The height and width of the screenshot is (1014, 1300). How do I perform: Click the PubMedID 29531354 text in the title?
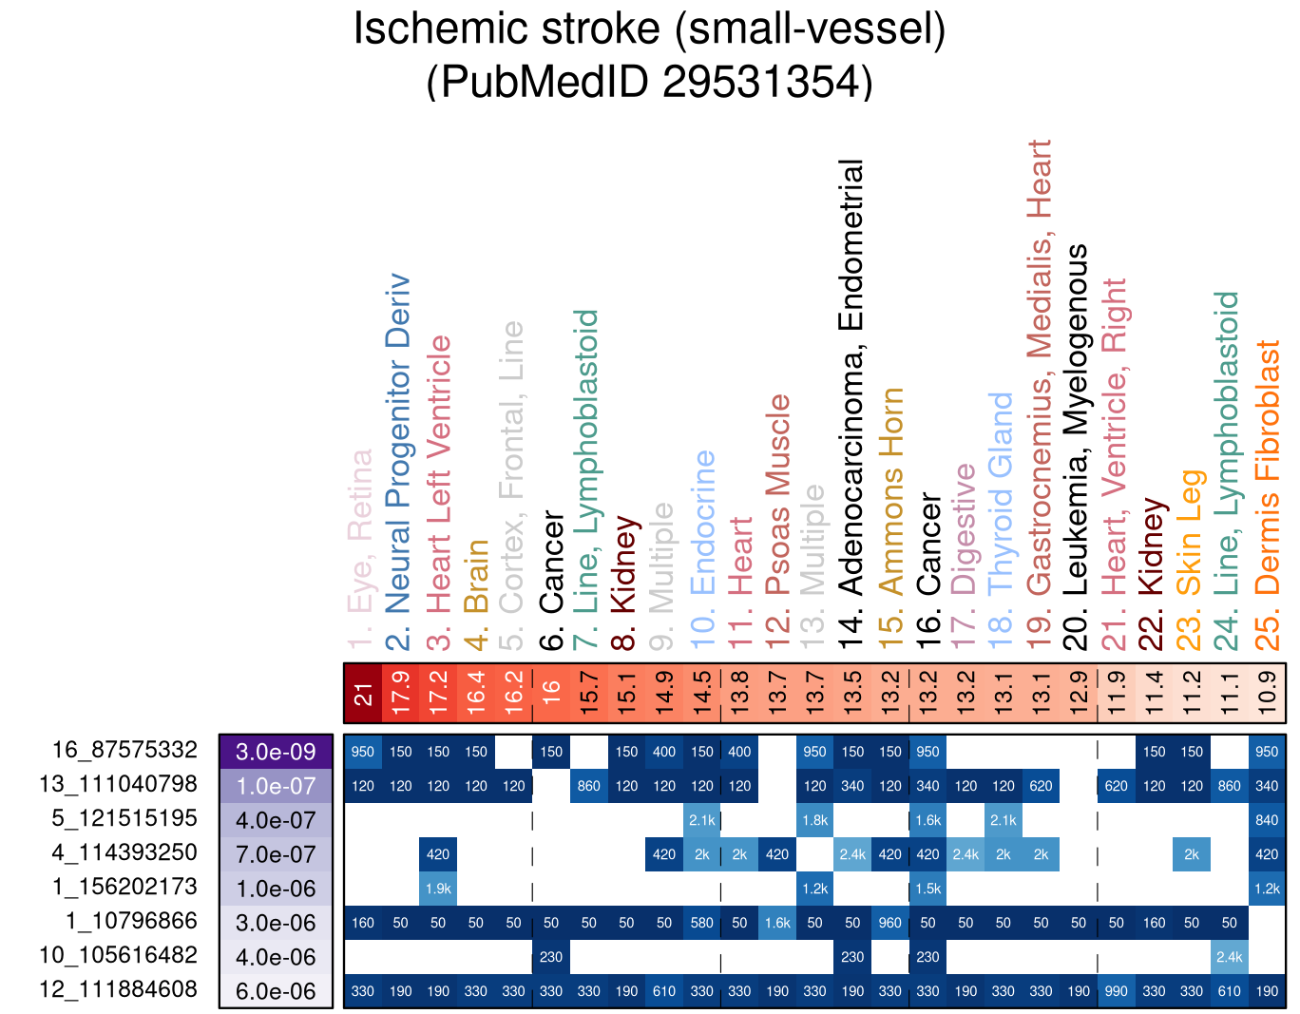click(x=649, y=82)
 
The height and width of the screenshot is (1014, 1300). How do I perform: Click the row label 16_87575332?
click(x=124, y=750)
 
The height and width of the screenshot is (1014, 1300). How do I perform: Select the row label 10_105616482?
click(x=118, y=955)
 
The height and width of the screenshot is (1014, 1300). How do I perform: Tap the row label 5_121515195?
click(x=124, y=818)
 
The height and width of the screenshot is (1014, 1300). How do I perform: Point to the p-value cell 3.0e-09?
click(x=276, y=752)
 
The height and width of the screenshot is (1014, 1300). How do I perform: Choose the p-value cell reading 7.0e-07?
click(x=276, y=854)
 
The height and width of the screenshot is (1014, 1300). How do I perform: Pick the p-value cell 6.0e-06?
click(x=276, y=991)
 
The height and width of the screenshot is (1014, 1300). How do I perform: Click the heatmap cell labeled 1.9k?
click(x=438, y=889)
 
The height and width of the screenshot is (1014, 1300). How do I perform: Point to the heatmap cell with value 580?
click(x=702, y=923)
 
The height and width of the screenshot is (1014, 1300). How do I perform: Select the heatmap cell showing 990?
click(x=1117, y=991)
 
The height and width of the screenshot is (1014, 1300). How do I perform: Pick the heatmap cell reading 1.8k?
click(x=814, y=820)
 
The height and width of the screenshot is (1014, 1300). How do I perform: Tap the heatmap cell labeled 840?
click(x=1267, y=820)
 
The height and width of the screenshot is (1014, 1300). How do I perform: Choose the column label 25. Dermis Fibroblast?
click(x=1268, y=494)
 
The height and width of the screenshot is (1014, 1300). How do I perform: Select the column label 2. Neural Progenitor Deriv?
click(x=400, y=461)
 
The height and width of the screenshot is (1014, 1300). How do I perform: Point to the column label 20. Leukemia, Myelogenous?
click(x=1079, y=447)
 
